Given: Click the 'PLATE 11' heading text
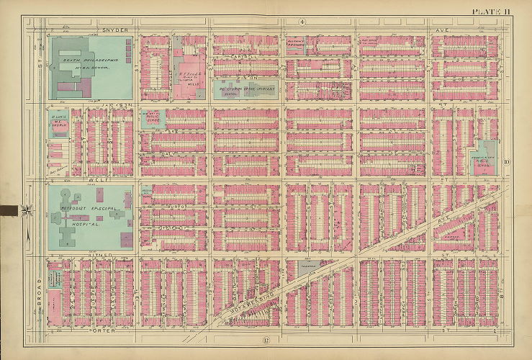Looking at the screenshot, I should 492,10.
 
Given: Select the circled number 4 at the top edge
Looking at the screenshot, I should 303,22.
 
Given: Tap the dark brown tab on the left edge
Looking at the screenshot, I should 9,210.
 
